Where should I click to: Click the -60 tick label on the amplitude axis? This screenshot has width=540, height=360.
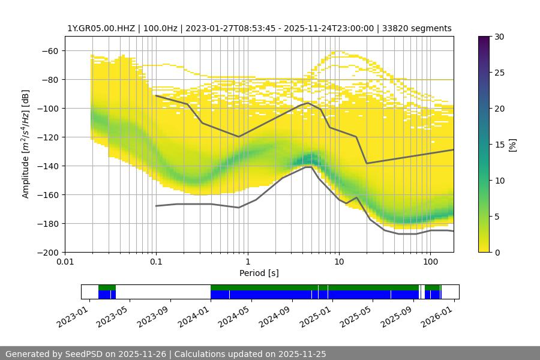click(x=50, y=50)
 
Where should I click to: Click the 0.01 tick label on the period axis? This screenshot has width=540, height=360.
click(x=65, y=262)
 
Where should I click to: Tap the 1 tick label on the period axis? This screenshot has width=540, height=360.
click(x=247, y=262)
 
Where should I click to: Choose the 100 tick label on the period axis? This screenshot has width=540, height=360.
click(x=430, y=262)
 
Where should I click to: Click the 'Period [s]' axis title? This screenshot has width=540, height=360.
click(x=259, y=273)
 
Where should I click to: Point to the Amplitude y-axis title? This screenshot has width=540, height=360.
click(x=25, y=144)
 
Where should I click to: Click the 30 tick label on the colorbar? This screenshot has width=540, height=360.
click(x=499, y=37)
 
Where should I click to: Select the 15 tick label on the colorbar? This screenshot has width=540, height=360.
click(x=499, y=145)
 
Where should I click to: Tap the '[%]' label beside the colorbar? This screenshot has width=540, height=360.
click(x=512, y=145)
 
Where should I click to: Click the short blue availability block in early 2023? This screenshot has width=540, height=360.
click(x=106, y=295)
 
